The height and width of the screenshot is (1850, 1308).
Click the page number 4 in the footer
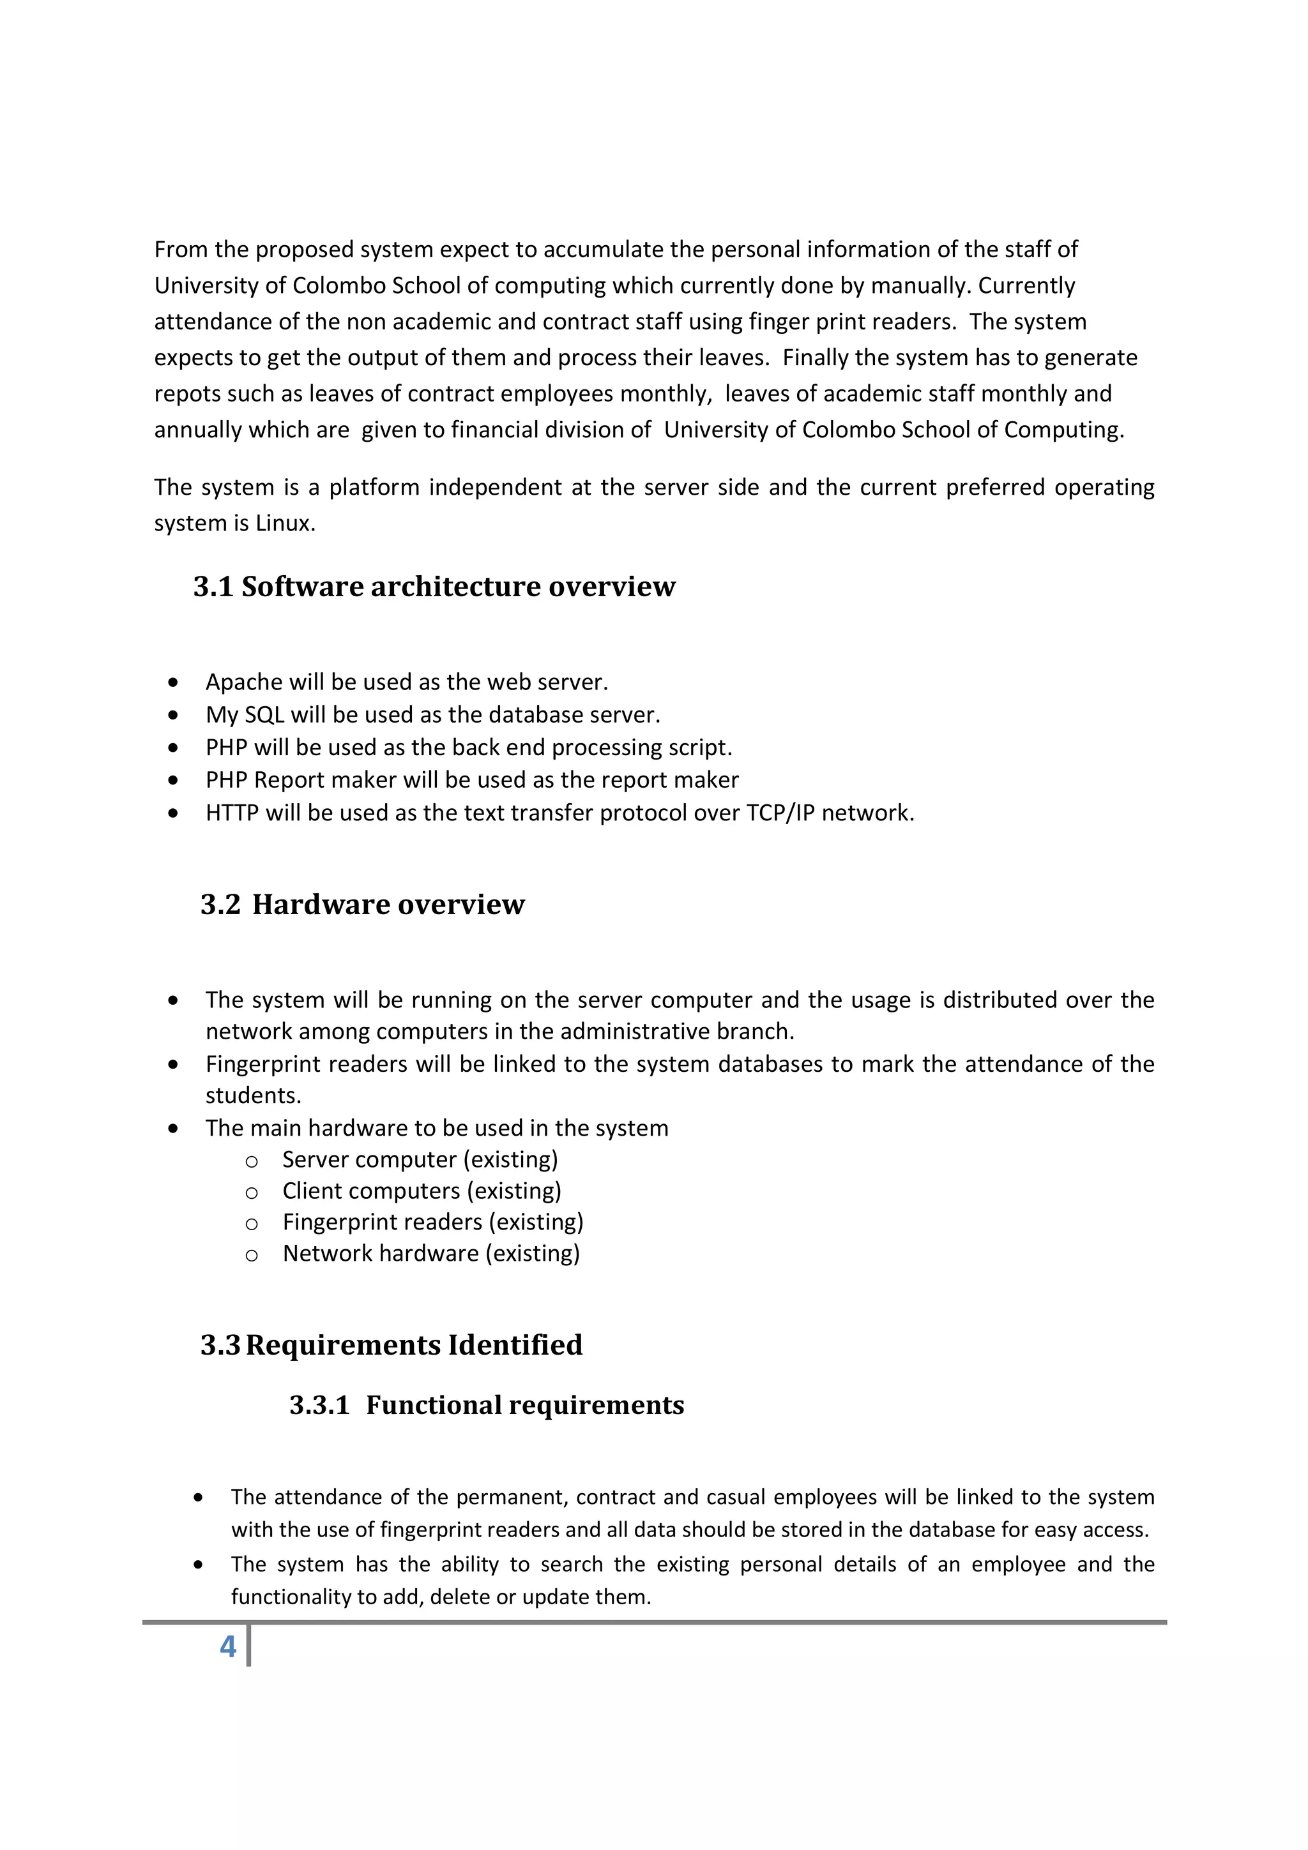click(x=228, y=1646)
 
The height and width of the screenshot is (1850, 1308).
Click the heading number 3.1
click(x=213, y=587)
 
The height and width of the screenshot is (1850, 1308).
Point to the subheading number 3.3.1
click(x=319, y=1404)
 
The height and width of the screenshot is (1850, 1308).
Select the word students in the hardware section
click(x=252, y=1096)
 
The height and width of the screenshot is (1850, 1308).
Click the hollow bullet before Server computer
click(x=252, y=1161)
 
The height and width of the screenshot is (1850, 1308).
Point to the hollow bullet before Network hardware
click(x=252, y=1255)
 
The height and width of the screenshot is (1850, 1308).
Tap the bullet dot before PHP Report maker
click(x=173, y=780)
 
